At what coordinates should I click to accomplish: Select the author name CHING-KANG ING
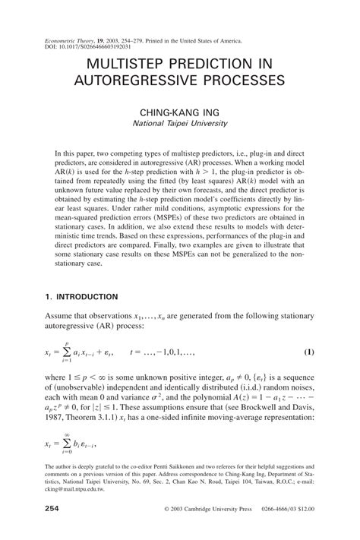(179, 110)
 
